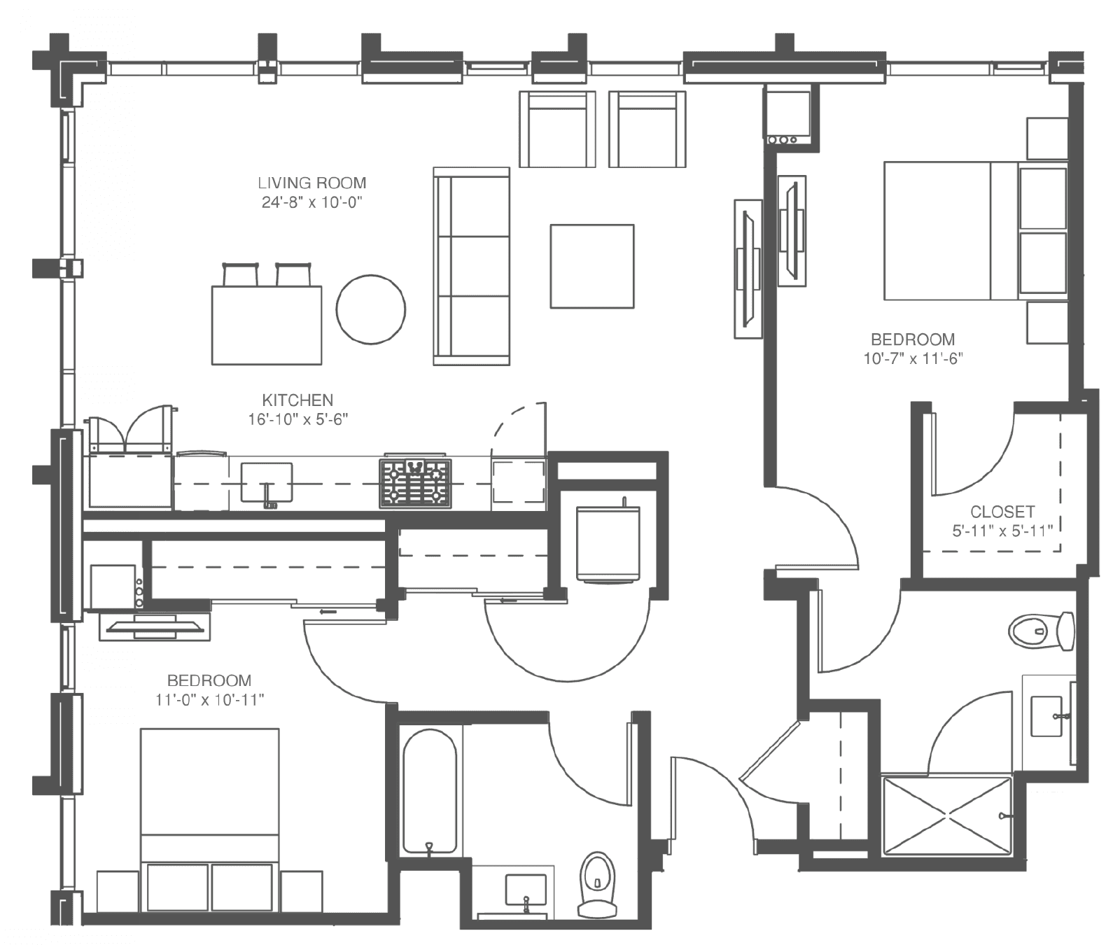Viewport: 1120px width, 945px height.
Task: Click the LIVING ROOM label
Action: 312,183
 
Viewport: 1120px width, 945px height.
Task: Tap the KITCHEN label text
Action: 297,400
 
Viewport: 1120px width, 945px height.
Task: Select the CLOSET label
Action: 1002,512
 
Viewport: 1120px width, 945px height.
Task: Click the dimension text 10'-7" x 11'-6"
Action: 913,358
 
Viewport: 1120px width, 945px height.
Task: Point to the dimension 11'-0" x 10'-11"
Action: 209,699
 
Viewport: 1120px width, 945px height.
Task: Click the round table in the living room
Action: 371,309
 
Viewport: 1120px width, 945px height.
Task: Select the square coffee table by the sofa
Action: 592,266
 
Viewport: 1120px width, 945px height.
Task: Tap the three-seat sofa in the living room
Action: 472,266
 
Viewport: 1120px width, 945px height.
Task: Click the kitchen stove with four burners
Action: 416,483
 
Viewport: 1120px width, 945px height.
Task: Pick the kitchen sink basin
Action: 267,482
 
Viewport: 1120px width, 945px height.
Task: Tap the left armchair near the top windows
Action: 557,129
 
